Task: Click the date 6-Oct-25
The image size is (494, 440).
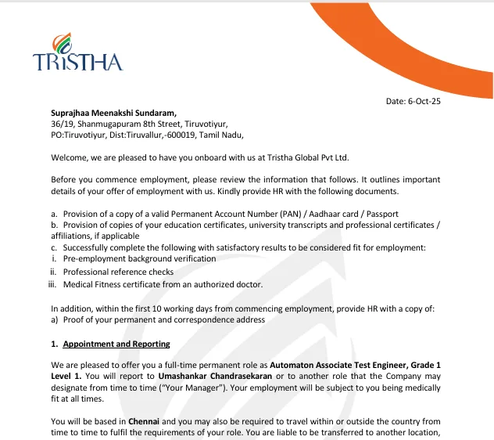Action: pos(427,101)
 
